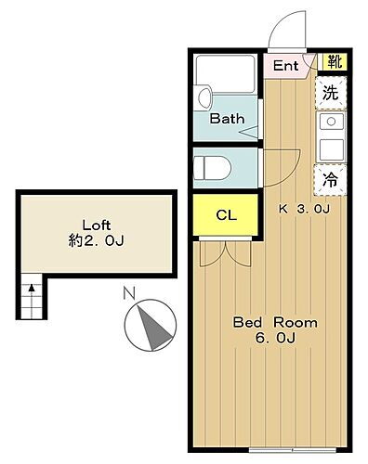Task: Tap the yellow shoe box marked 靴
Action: [x=332, y=63]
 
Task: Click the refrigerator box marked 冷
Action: [x=330, y=181]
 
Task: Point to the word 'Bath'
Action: [x=226, y=119]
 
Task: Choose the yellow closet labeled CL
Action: [x=226, y=215]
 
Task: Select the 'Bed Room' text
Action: [x=275, y=323]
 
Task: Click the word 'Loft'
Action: [x=96, y=225]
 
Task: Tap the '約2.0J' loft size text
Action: [x=95, y=241]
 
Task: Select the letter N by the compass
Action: [x=130, y=296]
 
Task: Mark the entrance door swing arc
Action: [x=288, y=28]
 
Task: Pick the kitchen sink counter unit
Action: [x=330, y=137]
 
